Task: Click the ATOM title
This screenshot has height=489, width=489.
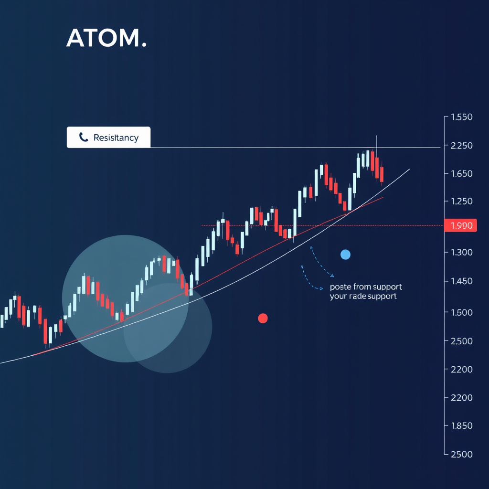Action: tap(106, 38)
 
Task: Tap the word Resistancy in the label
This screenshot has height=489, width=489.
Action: tap(116, 138)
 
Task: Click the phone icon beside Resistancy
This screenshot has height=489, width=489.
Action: tap(84, 138)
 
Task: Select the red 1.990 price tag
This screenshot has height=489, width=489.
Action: tap(461, 225)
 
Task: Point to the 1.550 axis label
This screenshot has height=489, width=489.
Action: tap(461, 117)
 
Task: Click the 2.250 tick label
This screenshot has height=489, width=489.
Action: tap(461, 145)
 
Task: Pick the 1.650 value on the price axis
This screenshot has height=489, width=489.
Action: tap(461, 173)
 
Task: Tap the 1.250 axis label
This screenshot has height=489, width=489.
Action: tap(461, 201)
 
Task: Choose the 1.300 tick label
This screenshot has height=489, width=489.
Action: tap(461, 252)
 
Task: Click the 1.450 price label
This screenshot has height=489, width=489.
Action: tap(461, 281)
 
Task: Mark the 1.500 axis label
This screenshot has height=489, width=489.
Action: tap(461, 312)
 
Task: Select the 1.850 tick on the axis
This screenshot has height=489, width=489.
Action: tap(461, 425)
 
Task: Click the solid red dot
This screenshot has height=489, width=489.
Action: tap(263, 318)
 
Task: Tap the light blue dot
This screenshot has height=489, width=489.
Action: tap(345, 255)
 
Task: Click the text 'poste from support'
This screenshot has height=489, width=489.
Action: tap(366, 287)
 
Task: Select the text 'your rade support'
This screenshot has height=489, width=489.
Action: tap(363, 297)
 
